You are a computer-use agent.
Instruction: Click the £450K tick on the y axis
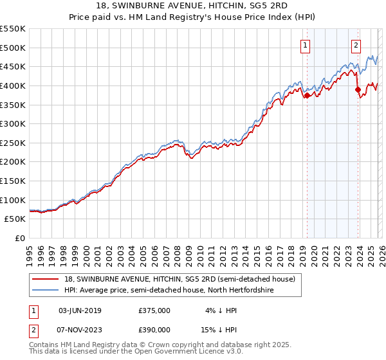click(13, 66)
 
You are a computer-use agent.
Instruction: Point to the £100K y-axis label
click(13, 200)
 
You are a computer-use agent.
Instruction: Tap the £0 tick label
click(19, 238)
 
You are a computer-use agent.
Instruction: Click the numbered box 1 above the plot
click(304, 45)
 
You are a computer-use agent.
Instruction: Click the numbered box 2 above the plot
click(356, 45)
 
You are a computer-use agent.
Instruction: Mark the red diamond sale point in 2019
click(307, 95)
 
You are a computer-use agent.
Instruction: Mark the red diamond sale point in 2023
click(358, 89)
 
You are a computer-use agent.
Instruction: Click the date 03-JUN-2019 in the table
click(80, 310)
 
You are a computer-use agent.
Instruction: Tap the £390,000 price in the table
click(154, 329)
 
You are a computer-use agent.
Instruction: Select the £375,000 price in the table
click(154, 310)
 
